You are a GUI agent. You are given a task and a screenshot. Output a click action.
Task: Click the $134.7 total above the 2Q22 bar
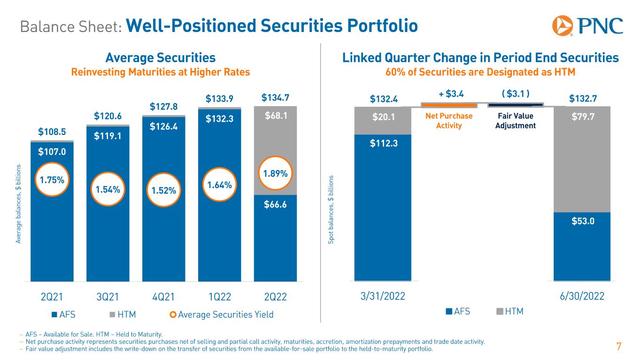point(275,98)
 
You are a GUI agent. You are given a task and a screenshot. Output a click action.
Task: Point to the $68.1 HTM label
point(275,115)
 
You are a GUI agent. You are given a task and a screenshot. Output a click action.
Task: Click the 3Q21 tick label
point(108,297)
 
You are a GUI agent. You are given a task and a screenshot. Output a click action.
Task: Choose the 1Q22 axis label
point(219,297)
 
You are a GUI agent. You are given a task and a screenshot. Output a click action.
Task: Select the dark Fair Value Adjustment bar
point(516,105)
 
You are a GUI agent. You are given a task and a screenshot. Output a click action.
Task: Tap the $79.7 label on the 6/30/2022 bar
point(582,116)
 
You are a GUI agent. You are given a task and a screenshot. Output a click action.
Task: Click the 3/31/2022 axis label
point(383,297)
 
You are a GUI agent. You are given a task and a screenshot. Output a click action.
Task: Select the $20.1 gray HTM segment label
point(383,116)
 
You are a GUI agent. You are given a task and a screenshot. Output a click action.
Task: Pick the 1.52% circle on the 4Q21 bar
point(163,190)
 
